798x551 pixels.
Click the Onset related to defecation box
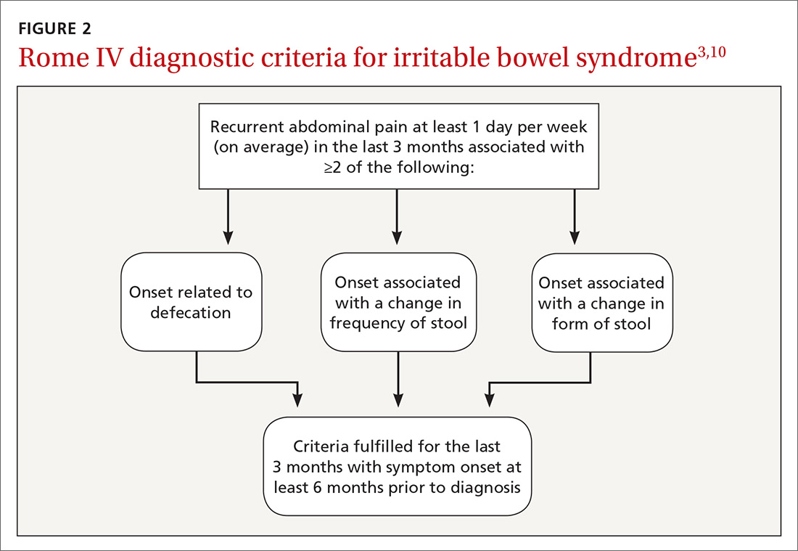point(191,302)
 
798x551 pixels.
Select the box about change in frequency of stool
point(398,302)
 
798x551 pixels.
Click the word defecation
point(191,313)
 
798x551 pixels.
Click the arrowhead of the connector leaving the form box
point(489,399)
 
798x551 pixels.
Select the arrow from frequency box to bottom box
point(398,377)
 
